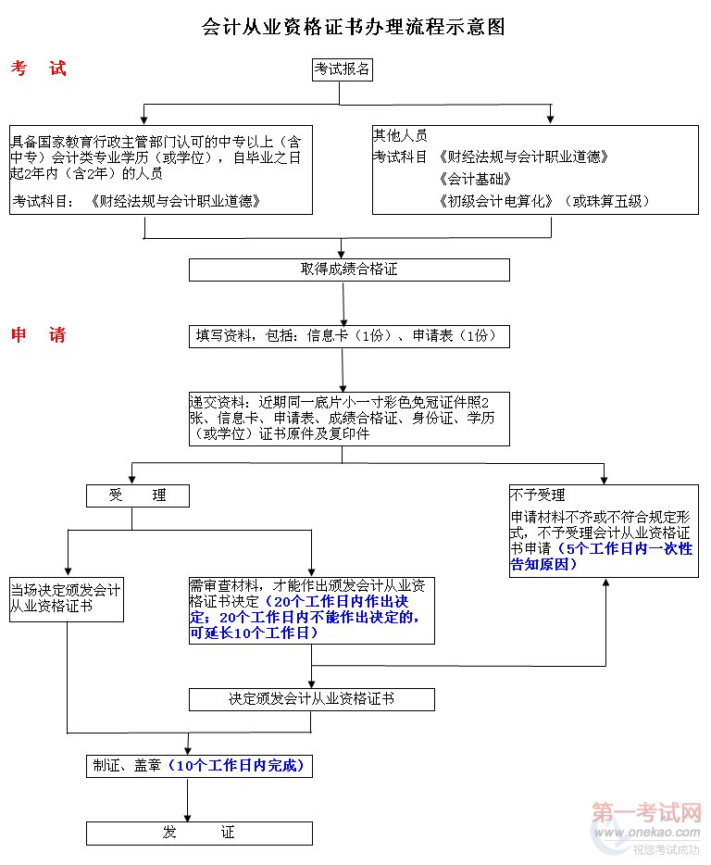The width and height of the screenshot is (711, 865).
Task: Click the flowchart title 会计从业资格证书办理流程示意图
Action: tap(354, 27)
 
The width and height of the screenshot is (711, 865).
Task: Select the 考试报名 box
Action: tap(342, 69)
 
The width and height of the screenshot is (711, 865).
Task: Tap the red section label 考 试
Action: tap(39, 69)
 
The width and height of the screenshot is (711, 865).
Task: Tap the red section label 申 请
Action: tap(39, 335)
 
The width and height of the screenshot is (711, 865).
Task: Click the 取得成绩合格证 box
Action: tap(349, 270)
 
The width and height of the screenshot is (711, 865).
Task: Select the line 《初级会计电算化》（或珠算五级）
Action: tap(545, 200)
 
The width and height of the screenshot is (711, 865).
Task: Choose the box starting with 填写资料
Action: tap(349, 335)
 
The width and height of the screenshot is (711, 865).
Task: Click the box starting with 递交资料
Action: tap(349, 418)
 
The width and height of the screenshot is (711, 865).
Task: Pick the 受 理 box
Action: tap(137, 495)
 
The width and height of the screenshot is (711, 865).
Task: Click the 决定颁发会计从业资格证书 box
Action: tap(311, 699)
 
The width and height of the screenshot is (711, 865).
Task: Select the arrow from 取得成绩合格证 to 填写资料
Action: tap(344, 303)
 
